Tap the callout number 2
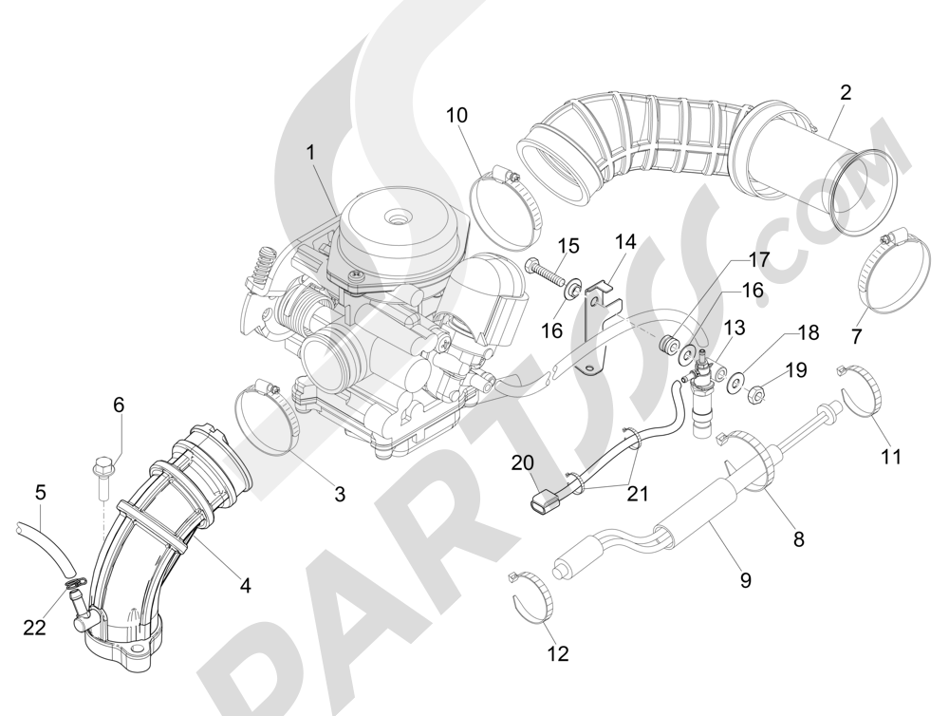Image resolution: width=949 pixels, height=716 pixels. [846, 93]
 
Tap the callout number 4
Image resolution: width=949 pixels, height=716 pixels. [245, 586]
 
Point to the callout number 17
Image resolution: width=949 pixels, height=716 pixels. [761, 258]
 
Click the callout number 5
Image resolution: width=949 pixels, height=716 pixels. [41, 494]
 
